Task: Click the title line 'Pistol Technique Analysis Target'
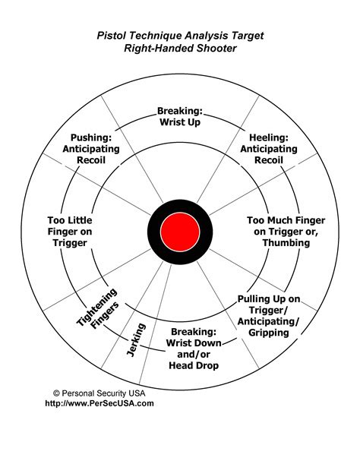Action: (179, 35)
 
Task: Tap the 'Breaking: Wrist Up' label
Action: (180, 115)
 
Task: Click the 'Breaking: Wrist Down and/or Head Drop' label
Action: (194, 349)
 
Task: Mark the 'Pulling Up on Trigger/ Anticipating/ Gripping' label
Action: (268, 315)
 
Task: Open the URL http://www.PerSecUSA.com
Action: (99, 403)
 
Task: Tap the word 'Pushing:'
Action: (90, 137)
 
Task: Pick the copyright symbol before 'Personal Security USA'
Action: (56, 393)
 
